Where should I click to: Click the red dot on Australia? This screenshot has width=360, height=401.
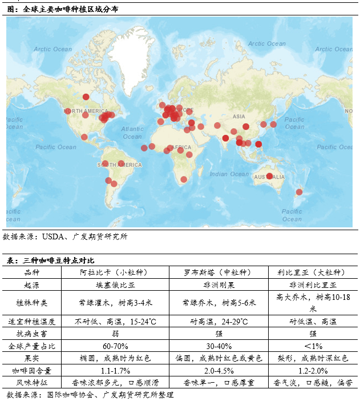(x=269, y=176)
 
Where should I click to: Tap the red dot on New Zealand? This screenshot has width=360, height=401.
(x=298, y=192)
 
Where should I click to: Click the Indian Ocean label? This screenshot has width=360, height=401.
(x=229, y=174)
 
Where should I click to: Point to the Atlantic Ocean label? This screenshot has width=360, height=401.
(x=132, y=133)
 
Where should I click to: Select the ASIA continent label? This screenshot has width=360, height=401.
(x=238, y=117)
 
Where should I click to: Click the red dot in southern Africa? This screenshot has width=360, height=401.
(x=184, y=179)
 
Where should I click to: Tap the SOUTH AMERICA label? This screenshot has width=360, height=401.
(x=119, y=165)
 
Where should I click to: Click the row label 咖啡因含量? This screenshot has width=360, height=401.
(x=32, y=370)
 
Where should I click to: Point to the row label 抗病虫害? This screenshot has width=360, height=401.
(x=32, y=334)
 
